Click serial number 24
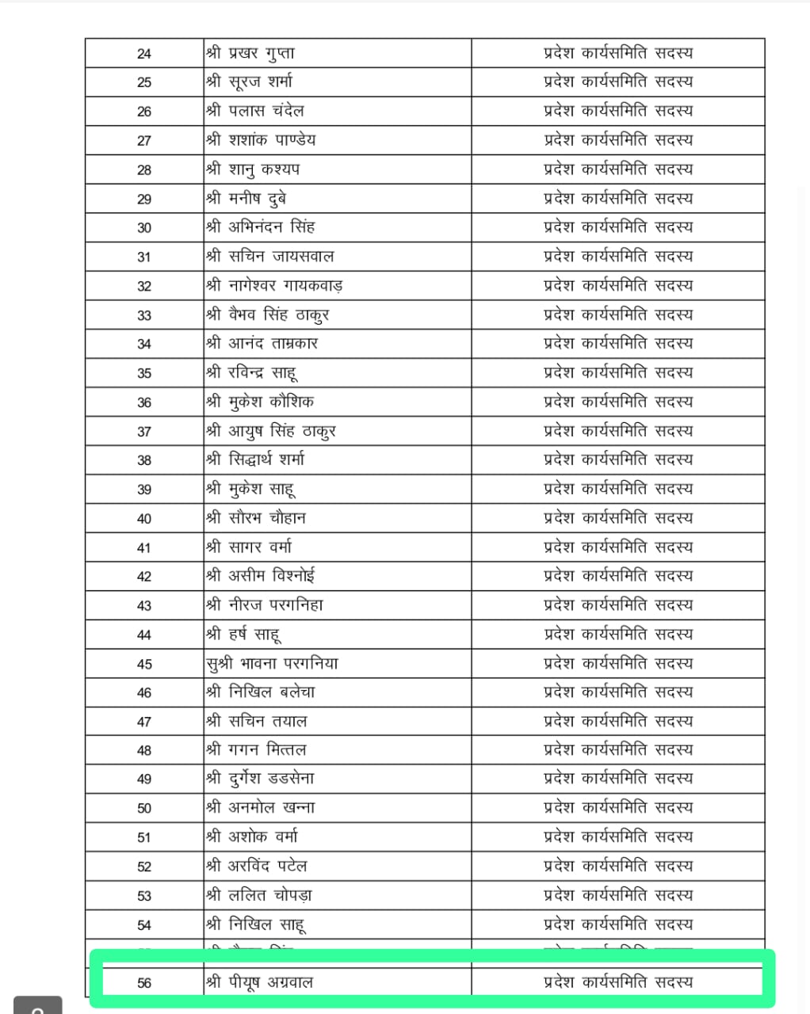pyautogui.click(x=144, y=54)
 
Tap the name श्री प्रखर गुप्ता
pyautogui.click(x=250, y=53)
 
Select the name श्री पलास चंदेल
pyautogui.click(x=255, y=111)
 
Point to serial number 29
pyautogui.click(x=144, y=199)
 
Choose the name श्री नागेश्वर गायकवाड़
pyautogui.click(x=274, y=285)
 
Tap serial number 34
pyautogui.click(x=144, y=344)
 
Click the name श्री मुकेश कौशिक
pyautogui.click(x=260, y=402)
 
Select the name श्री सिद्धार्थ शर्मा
pyautogui.click(x=255, y=459)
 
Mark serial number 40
pyautogui.click(x=144, y=519)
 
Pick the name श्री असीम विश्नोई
pyautogui.click(x=261, y=576)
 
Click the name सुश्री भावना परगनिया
pyautogui.click(x=272, y=663)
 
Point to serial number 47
pyautogui.click(x=144, y=722)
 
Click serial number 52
pyautogui.click(x=144, y=867)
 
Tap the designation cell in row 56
pyautogui.click(x=618, y=982)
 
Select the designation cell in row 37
pyautogui.click(x=618, y=431)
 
